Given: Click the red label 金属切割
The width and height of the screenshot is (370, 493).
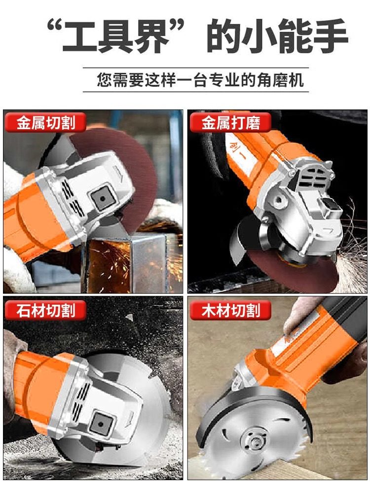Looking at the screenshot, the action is click(x=45, y=122).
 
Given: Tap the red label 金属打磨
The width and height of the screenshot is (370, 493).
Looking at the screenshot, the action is click(x=230, y=122).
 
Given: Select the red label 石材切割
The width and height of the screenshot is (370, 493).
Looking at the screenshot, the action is click(x=45, y=310).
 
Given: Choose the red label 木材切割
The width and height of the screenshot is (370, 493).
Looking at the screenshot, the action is click(x=230, y=310).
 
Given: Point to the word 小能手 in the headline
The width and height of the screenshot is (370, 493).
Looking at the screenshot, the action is click(x=295, y=36).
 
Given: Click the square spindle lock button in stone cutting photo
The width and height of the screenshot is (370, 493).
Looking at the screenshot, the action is click(x=101, y=423).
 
